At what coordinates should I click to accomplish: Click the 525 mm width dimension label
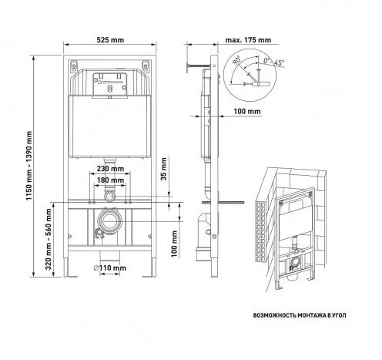click(x=110, y=40)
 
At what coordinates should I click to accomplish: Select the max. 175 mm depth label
click(x=248, y=40)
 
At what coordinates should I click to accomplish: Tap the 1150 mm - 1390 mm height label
click(x=29, y=166)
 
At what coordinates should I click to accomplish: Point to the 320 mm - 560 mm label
click(x=49, y=239)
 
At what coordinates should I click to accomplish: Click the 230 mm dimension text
click(x=110, y=169)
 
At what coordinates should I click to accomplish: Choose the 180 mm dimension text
click(x=110, y=180)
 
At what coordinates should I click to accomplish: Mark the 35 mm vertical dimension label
click(x=163, y=169)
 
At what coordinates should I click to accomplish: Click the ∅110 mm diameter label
click(x=109, y=268)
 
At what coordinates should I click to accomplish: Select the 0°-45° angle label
click(x=273, y=62)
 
